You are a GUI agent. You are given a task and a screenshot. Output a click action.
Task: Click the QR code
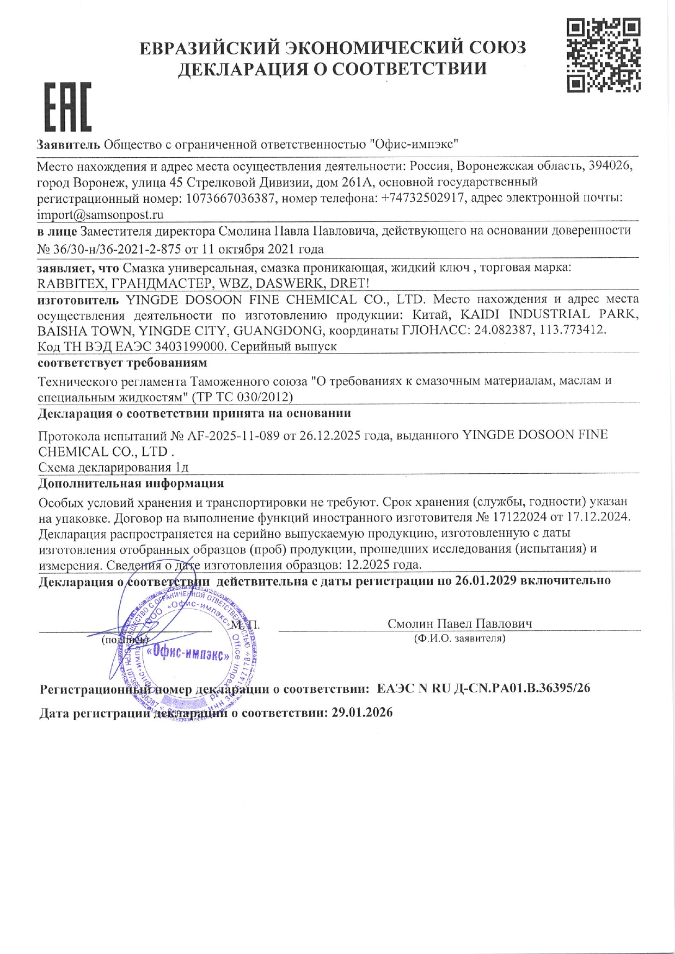click(x=603, y=55)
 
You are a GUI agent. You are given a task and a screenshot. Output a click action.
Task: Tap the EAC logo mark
click(x=67, y=107)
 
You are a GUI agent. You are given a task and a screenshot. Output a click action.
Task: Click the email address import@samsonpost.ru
click(x=100, y=215)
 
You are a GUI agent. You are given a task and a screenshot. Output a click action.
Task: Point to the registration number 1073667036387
click(x=230, y=198)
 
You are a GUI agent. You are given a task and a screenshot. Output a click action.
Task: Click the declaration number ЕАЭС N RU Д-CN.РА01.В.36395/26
click(x=483, y=689)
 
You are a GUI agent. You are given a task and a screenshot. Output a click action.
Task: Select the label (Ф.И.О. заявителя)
click(x=459, y=639)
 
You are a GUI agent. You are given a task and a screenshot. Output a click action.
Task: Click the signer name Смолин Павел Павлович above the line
click(x=460, y=623)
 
